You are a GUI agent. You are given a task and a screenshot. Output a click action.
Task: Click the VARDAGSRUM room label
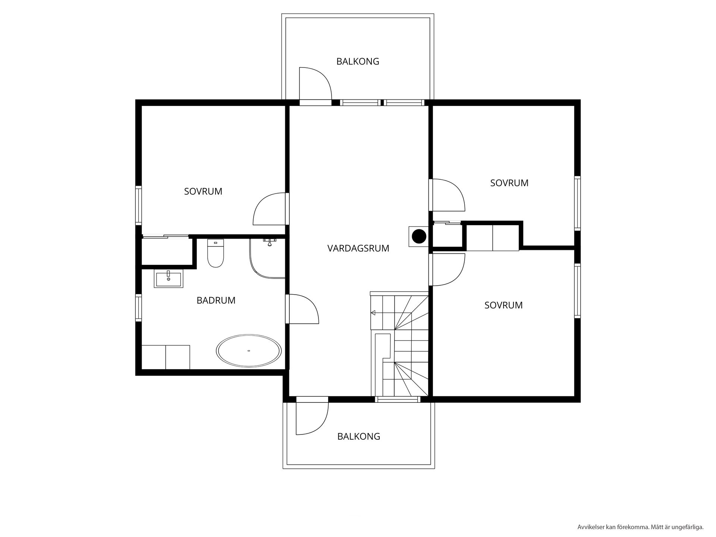(x=358, y=248)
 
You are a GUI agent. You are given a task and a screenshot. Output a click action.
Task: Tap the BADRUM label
(x=216, y=301)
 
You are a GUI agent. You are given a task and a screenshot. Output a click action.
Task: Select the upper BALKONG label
(x=358, y=62)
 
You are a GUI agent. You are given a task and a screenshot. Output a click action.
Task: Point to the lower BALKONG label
(x=359, y=436)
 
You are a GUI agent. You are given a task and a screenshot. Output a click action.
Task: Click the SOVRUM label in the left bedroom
(x=203, y=192)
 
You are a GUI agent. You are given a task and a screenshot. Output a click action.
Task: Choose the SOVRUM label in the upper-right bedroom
(x=509, y=183)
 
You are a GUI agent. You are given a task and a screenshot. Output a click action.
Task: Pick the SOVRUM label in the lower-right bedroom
(x=503, y=305)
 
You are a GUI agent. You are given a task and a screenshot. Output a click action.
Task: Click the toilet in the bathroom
(x=215, y=253)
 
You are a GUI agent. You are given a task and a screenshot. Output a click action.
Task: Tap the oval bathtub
(x=249, y=351)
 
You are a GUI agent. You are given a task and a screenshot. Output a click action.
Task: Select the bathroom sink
(x=169, y=279)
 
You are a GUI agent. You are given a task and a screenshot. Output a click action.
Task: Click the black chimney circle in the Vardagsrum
(x=419, y=236)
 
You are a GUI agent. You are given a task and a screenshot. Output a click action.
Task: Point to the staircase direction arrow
(x=373, y=313)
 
